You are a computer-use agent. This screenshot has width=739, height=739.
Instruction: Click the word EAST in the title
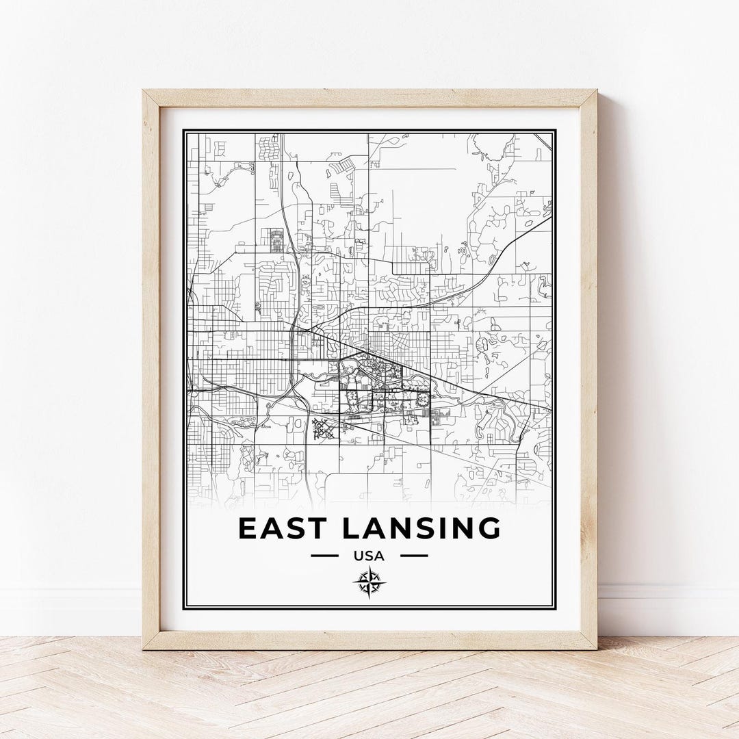point(282,528)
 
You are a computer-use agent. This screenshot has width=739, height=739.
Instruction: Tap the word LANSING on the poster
point(421,528)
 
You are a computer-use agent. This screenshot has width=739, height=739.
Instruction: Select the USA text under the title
point(369,556)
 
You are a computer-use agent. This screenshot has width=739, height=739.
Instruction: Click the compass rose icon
point(369,582)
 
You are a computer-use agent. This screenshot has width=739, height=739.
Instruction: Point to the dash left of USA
point(324,556)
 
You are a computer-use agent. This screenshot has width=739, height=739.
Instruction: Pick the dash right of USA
point(414,556)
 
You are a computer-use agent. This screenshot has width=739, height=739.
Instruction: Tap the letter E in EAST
point(248,528)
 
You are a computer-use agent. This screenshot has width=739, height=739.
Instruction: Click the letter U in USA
point(359,556)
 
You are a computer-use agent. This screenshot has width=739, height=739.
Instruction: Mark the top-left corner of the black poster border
point(183,130)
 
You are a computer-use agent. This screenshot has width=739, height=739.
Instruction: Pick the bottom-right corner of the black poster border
point(555,608)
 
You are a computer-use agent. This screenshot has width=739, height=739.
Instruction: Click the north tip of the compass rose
point(369,567)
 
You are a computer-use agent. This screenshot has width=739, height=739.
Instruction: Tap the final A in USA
point(380,556)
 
